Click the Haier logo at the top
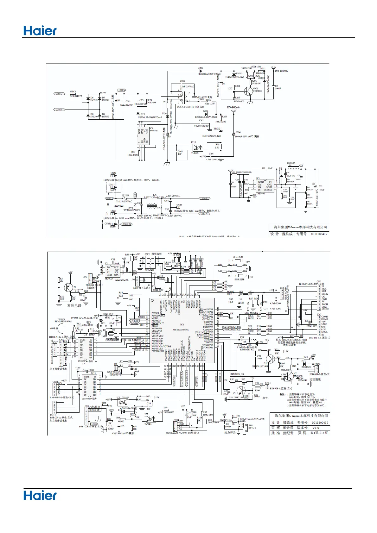tap(40, 31)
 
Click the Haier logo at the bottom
tap(40, 495)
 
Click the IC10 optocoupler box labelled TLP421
tap(198, 147)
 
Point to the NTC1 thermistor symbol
tap(73, 94)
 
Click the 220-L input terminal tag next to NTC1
tap(59, 94)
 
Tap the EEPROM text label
tap(122, 280)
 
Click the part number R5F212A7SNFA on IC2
tap(181, 330)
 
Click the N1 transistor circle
tap(270, 359)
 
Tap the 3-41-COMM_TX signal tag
tap(232, 327)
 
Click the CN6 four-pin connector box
tap(282, 294)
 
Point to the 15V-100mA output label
tap(281, 71)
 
